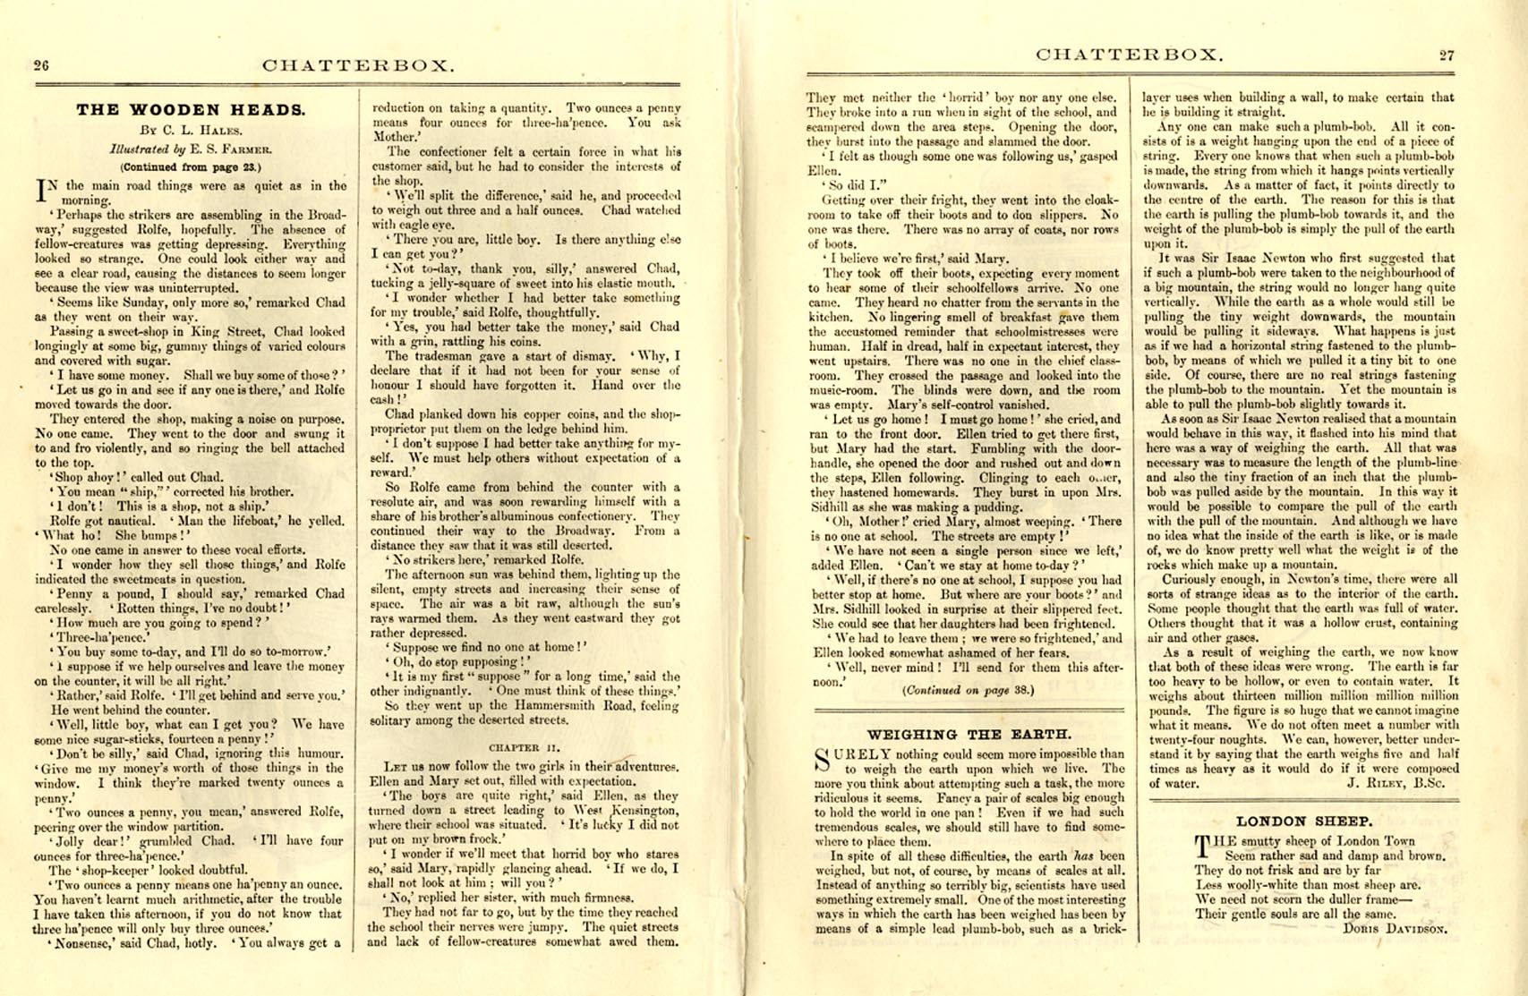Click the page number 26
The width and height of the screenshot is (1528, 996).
[x=41, y=65]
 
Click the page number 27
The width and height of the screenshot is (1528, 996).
[x=1447, y=55]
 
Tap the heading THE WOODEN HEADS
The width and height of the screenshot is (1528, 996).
[x=191, y=110]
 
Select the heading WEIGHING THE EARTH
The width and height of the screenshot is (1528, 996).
[x=969, y=735]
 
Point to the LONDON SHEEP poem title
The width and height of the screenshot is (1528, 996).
[x=1304, y=821]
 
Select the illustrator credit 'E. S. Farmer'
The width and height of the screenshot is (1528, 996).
[x=223, y=149]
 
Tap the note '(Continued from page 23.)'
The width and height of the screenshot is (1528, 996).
[x=191, y=166]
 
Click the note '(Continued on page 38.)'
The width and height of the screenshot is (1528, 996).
[x=968, y=690]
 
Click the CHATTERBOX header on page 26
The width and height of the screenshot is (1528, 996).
[x=358, y=65]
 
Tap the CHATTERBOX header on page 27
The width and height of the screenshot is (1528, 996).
[x=1128, y=55]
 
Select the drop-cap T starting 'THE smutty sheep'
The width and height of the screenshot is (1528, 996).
[x=1204, y=846]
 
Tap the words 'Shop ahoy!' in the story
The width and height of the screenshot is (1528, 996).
[x=84, y=477]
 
